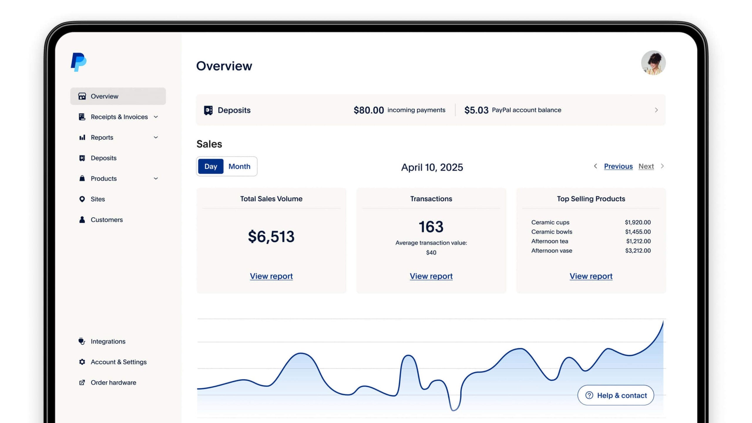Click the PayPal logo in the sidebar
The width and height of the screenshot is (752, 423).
click(78, 62)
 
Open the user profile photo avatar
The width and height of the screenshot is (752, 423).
click(653, 63)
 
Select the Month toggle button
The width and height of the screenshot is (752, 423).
click(239, 166)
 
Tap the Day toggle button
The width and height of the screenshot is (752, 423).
click(211, 166)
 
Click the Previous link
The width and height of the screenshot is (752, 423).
click(618, 166)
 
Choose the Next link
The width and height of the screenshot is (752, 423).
click(646, 166)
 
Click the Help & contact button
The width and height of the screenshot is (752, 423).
click(615, 395)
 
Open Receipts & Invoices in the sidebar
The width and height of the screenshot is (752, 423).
click(119, 117)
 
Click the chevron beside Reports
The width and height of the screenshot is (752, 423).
click(156, 137)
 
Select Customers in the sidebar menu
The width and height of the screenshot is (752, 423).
click(106, 220)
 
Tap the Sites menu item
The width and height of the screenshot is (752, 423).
click(98, 199)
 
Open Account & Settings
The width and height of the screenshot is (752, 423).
click(118, 362)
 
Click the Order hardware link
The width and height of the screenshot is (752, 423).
click(113, 382)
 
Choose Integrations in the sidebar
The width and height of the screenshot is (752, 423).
click(108, 341)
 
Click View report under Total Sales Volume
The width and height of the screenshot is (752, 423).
click(271, 276)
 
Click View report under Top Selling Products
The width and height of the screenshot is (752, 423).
click(591, 276)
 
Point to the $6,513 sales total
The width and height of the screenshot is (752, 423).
click(271, 236)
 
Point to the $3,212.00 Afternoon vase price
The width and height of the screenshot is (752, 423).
click(637, 251)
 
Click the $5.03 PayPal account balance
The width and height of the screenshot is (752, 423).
click(476, 110)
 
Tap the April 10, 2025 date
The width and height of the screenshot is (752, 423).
click(432, 167)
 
